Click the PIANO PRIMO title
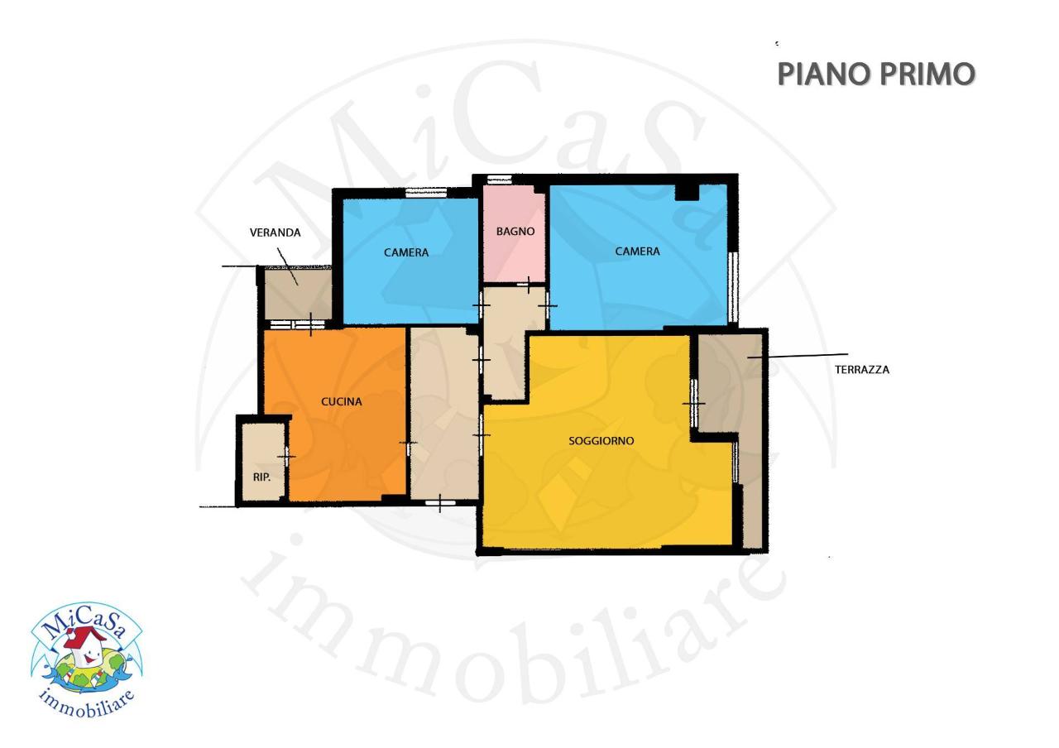pos(876,74)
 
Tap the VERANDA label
pos(275,233)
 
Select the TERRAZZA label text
pos(862,370)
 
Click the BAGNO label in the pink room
pos(515,232)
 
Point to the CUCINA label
pos(341,401)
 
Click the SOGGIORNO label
pos(601,440)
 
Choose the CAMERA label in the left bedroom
pos(406,252)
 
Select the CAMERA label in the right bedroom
pos(637,251)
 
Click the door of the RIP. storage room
pos(286,457)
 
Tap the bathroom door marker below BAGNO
pos(529,285)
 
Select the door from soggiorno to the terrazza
pos(693,403)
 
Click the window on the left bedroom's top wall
pos(426,192)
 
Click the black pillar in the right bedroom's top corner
pos(687,192)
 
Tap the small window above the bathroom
pos(499,179)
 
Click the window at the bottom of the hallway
pos(439,501)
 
